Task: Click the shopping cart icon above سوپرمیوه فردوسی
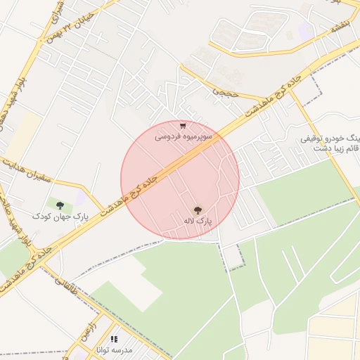(183, 126)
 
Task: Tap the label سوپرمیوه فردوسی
(182, 136)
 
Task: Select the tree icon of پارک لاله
(198, 210)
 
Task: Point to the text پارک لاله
(198, 221)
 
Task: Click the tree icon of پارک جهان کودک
(60, 205)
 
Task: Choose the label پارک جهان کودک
(60, 217)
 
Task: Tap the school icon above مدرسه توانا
(114, 340)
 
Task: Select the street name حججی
(226, 89)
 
